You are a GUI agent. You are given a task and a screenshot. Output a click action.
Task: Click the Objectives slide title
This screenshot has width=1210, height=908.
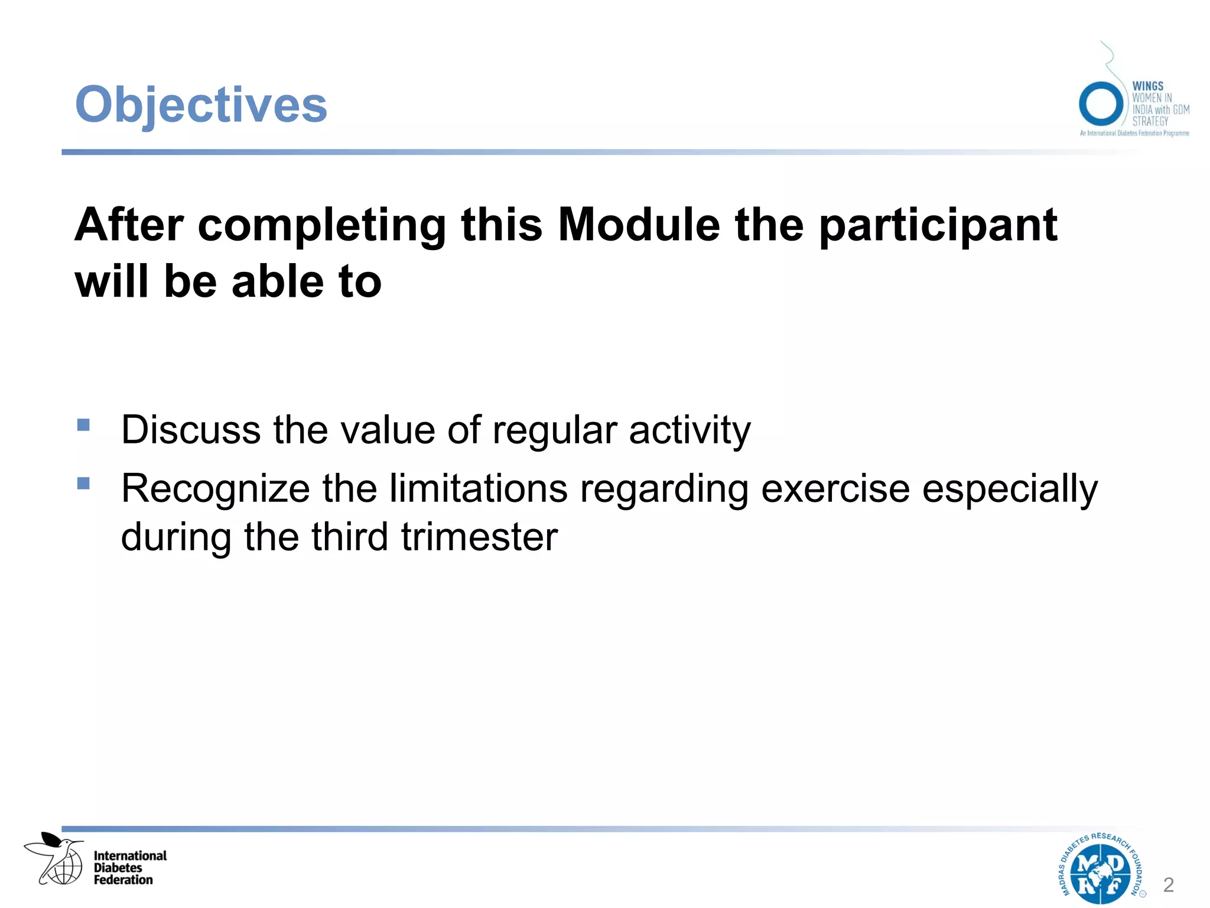pyautogui.click(x=201, y=105)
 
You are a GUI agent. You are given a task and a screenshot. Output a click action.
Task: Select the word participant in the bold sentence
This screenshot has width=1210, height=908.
pyautogui.click(x=938, y=226)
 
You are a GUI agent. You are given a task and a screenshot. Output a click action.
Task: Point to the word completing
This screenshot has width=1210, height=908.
pyautogui.click(x=321, y=226)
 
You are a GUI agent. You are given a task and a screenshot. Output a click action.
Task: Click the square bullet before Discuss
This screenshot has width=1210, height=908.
pyautogui.click(x=83, y=425)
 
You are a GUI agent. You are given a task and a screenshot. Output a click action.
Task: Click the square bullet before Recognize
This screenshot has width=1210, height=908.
pyautogui.click(x=83, y=484)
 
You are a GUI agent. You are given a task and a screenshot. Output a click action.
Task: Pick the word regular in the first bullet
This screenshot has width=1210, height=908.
pyautogui.click(x=555, y=430)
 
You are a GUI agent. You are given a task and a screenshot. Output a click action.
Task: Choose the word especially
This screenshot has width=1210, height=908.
pyautogui.click(x=1010, y=490)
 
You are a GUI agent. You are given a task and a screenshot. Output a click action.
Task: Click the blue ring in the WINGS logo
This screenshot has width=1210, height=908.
pyautogui.click(x=1100, y=104)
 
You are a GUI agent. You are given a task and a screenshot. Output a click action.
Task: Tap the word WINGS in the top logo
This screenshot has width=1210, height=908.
pyautogui.click(x=1147, y=86)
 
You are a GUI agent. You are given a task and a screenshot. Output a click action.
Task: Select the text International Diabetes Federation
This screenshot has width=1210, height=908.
pyautogui.click(x=130, y=867)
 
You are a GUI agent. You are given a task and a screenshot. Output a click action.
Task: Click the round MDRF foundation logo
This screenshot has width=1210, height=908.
pyautogui.click(x=1100, y=868)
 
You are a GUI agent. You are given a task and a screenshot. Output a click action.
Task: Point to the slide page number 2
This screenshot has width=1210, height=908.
pyautogui.click(x=1168, y=885)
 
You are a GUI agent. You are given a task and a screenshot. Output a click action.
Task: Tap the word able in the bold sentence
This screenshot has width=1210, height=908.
pyautogui.click(x=278, y=281)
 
